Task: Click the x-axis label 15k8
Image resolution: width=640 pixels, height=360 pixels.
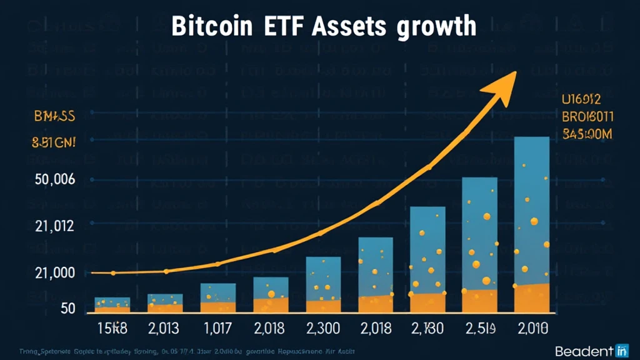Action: coord(112,327)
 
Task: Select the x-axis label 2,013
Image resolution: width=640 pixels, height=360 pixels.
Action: coord(164,327)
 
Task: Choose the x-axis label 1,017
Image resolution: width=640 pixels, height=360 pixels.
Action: coord(217,327)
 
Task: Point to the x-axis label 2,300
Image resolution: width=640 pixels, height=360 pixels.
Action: coord(323,327)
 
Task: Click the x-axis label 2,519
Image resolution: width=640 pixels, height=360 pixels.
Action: coord(479,327)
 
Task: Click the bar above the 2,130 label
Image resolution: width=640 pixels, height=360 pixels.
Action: coord(427,259)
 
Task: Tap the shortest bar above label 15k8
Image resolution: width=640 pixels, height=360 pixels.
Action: coord(112,304)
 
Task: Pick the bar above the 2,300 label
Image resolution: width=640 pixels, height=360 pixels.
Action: coord(323,284)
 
